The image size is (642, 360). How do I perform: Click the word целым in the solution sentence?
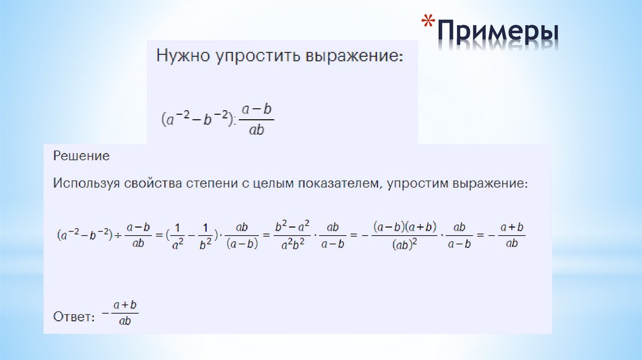[276, 184]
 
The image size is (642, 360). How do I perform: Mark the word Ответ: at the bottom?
[74, 317]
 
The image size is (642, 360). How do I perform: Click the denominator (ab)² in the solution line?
[405, 245]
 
